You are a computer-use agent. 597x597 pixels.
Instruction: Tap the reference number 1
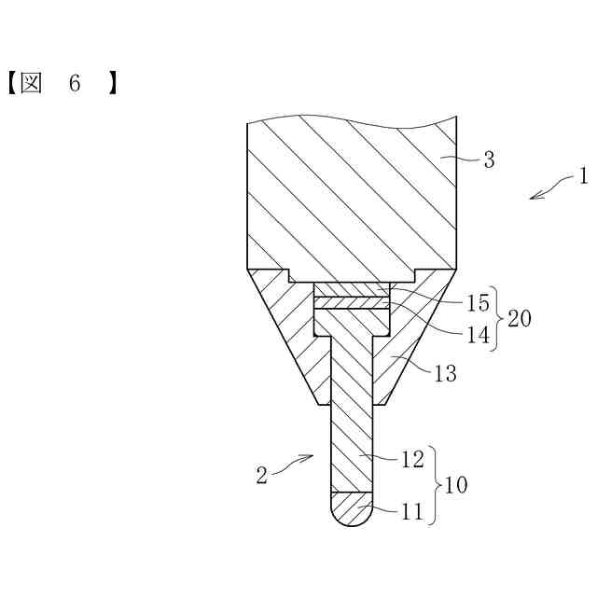tap(583, 175)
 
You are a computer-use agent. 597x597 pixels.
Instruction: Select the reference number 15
tap(477, 304)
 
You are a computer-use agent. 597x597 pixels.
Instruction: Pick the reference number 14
tap(477, 334)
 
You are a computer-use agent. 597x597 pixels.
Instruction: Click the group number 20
tap(520, 319)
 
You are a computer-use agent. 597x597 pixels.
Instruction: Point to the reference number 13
tap(446, 374)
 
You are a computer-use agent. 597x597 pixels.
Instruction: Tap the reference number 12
tap(412, 458)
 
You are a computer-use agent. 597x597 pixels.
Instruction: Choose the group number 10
tap(456, 485)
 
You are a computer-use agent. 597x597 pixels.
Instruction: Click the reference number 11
tap(412, 511)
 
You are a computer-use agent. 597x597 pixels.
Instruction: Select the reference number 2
tap(262, 475)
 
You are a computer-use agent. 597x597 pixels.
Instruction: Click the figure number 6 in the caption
tap(75, 83)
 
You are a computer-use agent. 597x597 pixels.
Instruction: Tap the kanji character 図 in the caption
tap(32, 83)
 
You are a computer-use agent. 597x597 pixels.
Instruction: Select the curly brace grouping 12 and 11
tap(437, 485)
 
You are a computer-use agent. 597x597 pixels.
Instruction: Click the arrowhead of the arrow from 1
tap(533, 196)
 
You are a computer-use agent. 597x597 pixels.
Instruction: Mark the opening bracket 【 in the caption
tap(8, 83)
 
